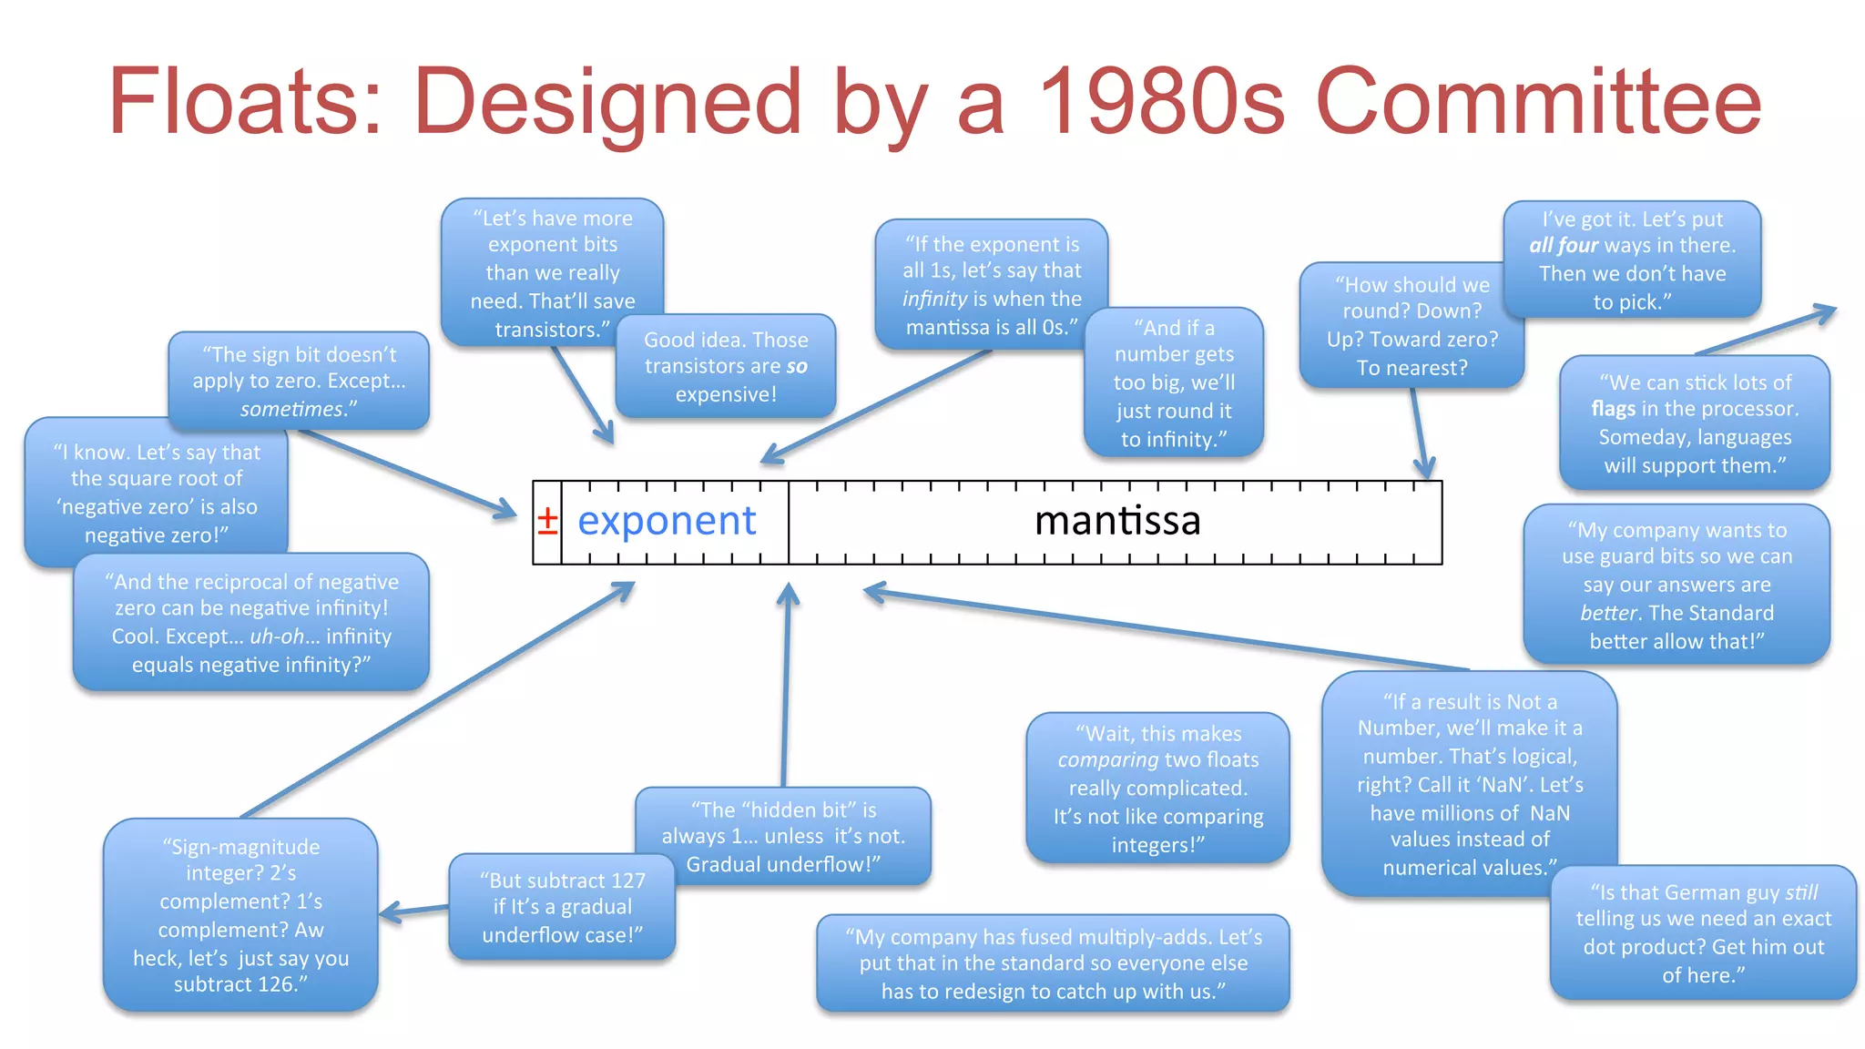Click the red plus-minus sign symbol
[x=547, y=521]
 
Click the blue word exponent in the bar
[x=667, y=521]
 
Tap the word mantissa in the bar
[x=1117, y=521]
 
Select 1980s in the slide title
[x=1160, y=102]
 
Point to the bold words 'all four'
[x=1564, y=246]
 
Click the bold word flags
[x=1613, y=409]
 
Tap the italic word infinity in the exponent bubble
[x=934, y=299]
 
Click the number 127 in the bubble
[x=627, y=881]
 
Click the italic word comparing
[x=1107, y=759]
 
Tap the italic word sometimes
[x=297, y=410]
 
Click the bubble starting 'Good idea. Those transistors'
[x=726, y=367]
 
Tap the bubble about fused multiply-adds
[x=1053, y=963]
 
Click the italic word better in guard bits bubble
[x=1606, y=613]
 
